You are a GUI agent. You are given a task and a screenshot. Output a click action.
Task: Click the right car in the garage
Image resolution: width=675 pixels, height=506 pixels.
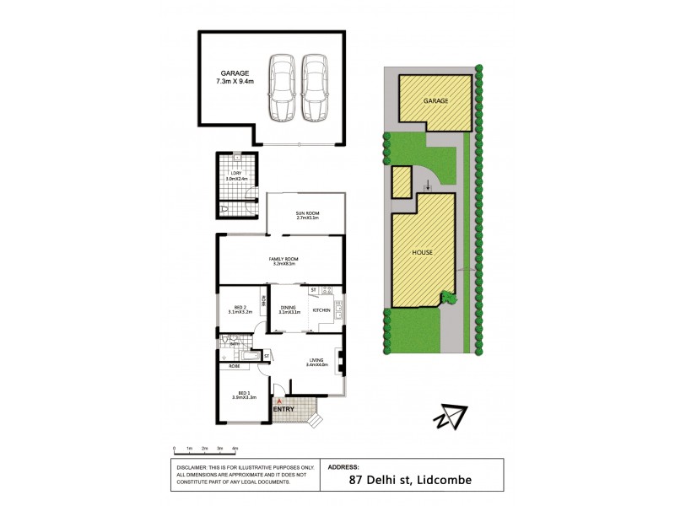point(314,88)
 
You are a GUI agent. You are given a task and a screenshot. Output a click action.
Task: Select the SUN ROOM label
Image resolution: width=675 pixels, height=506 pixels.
point(305,214)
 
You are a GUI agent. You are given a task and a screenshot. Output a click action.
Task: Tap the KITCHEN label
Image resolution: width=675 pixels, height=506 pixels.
point(321,311)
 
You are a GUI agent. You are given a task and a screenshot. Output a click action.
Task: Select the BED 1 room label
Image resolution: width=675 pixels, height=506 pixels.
point(243,393)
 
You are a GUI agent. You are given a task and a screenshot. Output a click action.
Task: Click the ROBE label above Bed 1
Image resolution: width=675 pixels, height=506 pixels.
point(233,366)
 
